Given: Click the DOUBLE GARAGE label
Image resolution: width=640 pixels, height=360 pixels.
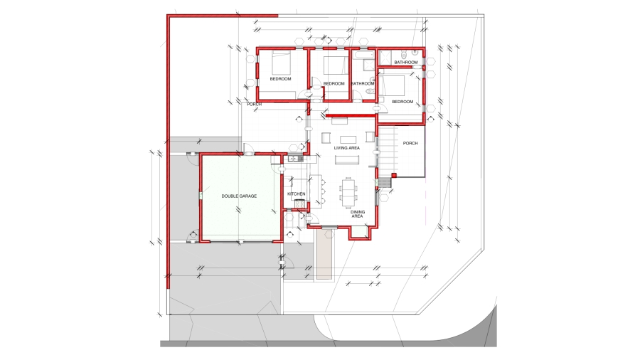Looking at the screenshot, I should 239,196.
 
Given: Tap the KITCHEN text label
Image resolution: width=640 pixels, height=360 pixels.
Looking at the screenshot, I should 296,194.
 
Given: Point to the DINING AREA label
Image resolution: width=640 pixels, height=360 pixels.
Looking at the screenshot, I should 357,213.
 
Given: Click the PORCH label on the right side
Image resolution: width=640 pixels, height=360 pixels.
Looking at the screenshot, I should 410,143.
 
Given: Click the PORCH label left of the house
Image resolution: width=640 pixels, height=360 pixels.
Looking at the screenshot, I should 254,104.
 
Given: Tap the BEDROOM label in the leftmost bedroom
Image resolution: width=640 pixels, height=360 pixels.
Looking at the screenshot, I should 280,78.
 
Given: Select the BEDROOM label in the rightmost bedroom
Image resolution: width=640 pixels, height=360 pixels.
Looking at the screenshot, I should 402,102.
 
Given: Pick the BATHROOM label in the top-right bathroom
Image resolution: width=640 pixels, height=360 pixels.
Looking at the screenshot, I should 405,63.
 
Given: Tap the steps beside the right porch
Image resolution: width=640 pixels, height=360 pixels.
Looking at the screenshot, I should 384,184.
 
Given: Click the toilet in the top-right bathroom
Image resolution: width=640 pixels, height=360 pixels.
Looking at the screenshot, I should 402,54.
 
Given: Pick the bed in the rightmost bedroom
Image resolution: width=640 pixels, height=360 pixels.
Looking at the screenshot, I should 393,85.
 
